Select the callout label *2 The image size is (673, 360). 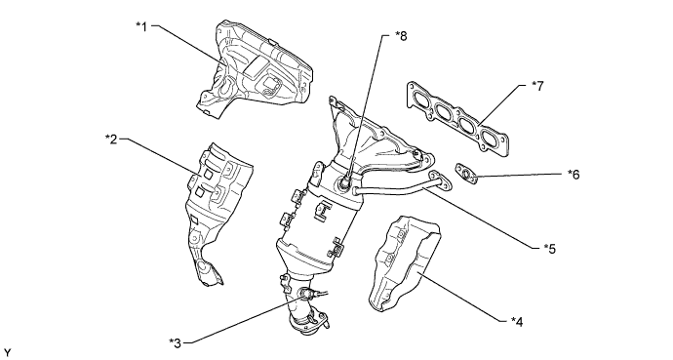112,140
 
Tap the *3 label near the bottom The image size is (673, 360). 176,340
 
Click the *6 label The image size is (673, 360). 574,176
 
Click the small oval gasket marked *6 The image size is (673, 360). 467,175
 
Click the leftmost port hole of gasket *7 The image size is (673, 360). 423,96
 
